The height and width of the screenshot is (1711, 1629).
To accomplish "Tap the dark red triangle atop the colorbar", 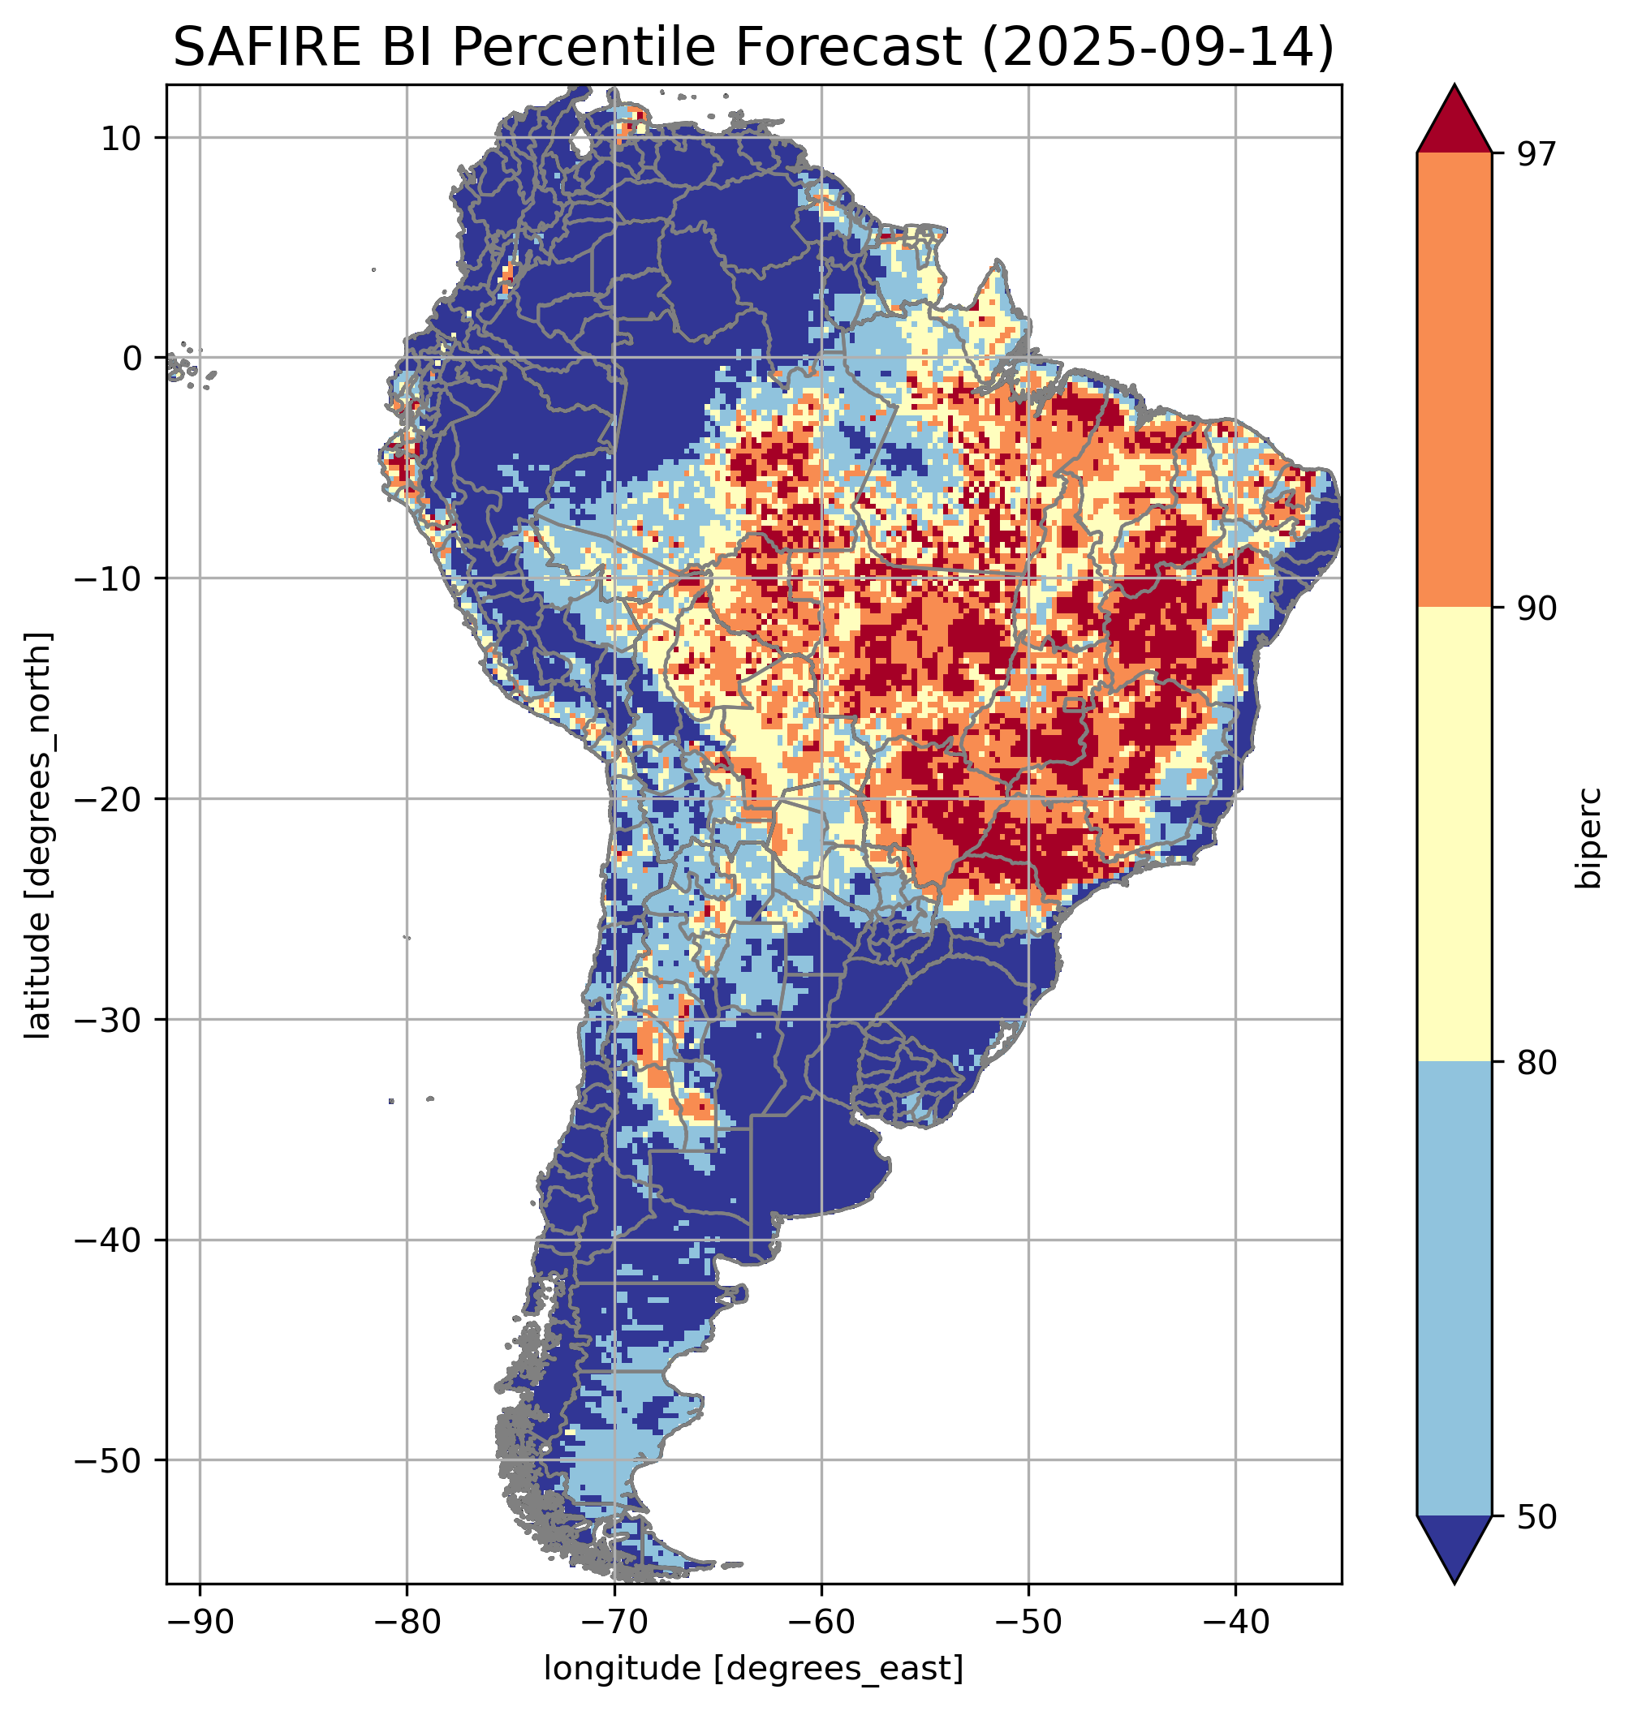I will [x=1454, y=122].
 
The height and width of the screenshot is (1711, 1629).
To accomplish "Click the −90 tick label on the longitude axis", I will [x=199, y=1622].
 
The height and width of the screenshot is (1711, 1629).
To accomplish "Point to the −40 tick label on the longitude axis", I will [x=1235, y=1622].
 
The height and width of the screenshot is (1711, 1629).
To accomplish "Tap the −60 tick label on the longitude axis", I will [x=821, y=1622].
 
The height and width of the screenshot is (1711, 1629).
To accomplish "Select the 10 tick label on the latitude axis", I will [x=122, y=138].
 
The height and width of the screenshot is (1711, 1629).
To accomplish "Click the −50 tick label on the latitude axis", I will [x=110, y=1460].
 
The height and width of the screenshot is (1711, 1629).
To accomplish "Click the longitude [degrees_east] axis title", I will [x=754, y=1669].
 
